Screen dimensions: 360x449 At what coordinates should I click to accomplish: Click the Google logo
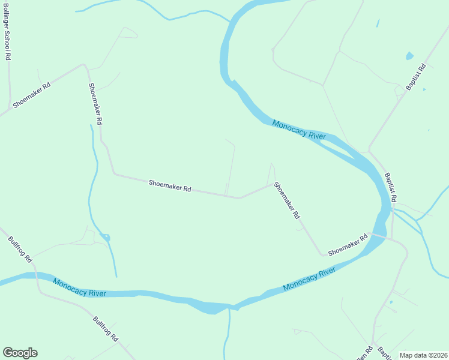coord(20,353)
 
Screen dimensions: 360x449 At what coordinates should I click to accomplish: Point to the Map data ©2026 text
coord(422,355)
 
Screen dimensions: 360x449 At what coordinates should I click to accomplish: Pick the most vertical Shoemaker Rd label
coord(95,104)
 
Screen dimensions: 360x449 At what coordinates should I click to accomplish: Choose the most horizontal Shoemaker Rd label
coord(170,185)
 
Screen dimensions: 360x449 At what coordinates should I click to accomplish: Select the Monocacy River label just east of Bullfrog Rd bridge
coord(79,287)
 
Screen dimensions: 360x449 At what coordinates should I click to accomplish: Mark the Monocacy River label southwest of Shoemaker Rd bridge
coord(309,280)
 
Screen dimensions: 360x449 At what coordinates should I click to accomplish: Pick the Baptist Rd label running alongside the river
coord(390,188)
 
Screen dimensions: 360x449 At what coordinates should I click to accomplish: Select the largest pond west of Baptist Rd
coord(409,56)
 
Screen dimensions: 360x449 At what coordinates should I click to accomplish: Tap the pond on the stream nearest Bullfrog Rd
coord(106,238)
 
